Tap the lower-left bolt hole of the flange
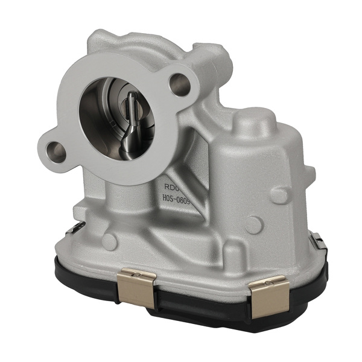[56, 148]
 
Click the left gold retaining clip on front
[136, 289]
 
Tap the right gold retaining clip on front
[267, 296]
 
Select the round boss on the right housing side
[254, 224]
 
